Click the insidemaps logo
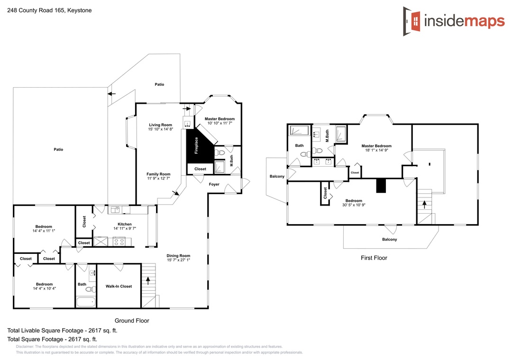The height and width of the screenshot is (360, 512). click(454, 21)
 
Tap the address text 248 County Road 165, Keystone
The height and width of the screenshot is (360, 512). click(49, 10)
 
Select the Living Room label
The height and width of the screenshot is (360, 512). click(160, 125)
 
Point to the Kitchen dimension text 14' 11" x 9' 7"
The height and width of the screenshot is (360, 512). click(125, 228)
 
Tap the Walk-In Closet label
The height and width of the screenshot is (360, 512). click(119, 286)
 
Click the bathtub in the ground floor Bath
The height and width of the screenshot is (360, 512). click(86, 302)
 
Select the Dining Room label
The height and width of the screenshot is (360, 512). click(178, 256)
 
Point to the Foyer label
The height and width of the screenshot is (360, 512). click(214, 184)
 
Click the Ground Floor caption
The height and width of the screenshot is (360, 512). click(132, 321)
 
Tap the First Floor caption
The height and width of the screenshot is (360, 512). click(374, 258)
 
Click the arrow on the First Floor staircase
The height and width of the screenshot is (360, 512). click(424, 205)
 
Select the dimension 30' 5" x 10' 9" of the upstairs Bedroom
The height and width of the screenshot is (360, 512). click(354, 205)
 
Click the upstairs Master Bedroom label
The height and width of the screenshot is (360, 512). click(376, 146)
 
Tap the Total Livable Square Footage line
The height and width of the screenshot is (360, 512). click(63, 331)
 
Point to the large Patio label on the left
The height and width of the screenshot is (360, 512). click(58, 150)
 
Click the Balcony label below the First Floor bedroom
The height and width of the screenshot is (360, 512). click(390, 239)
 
